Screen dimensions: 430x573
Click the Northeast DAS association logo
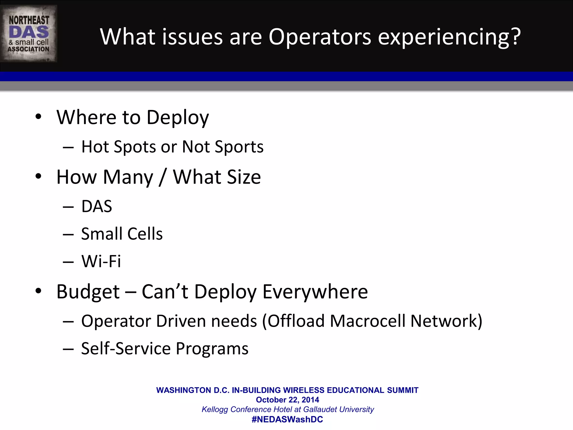pyautogui.click(x=29, y=34)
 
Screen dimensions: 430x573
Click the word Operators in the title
pyautogui.click(x=320, y=37)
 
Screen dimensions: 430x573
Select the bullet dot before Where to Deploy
pyautogui.click(x=38, y=117)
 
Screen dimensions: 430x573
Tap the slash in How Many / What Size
pyautogui.click(x=163, y=177)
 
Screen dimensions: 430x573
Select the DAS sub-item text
pyautogui.click(x=97, y=207)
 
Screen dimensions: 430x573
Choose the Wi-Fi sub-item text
pyautogui.click(x=101, y=261)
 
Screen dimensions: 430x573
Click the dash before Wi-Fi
pyautogui.click(x=68, y=262)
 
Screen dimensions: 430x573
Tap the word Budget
pyautogui.click(x=88, y=292)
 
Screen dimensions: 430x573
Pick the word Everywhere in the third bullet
pyautogui.click(x=315, y=292)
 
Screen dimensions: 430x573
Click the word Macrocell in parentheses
pyautogui.click(x=368, y=321)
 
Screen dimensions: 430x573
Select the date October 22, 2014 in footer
pyautogui.click(x=287, y=400)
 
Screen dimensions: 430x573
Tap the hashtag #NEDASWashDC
pyautogui.click(x=287, y=419)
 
